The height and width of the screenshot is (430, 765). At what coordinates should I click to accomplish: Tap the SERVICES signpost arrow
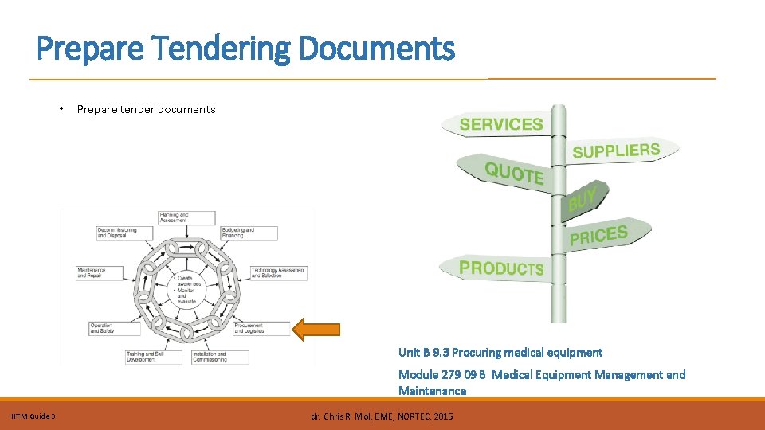coord(501,124)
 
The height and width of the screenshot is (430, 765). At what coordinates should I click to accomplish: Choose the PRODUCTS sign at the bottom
coord(502,268)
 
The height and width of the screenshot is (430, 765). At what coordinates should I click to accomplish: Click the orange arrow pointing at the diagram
coord(317,329)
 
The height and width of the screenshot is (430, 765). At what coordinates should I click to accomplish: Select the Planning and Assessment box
coord(186,217)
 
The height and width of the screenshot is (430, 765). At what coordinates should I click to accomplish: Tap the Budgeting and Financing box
coord(249,233)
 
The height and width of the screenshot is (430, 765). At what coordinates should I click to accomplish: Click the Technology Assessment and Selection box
coord(278,272)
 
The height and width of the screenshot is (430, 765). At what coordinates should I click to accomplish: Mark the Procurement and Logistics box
coord(261,327)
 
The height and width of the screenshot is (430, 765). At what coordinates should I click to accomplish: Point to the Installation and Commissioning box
coord(219,357)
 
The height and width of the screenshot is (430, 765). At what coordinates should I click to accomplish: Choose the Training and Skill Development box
coord(153,357)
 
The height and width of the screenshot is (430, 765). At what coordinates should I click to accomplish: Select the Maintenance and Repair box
coord(101,272)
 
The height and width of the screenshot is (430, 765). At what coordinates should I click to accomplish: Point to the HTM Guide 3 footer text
coord(33,416)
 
